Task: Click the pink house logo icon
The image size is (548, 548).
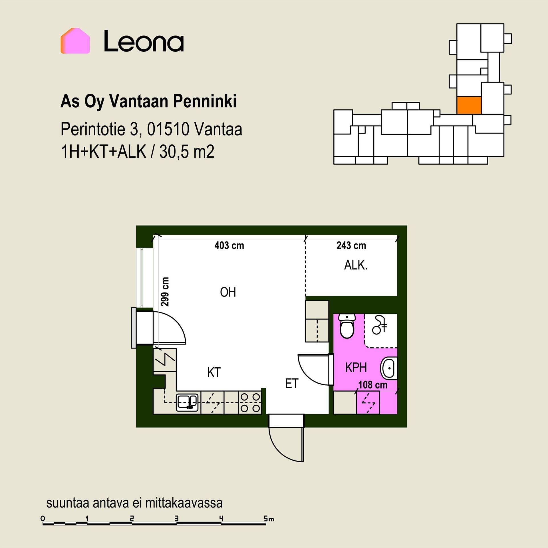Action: pos(75,41)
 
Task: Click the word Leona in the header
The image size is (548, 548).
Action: pos(144,42)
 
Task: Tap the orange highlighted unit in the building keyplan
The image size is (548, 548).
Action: pos(469,105)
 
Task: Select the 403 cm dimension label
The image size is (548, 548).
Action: pos(229,245)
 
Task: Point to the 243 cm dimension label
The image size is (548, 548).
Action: pos(351,245)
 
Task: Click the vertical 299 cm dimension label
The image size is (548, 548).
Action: pos(165,291)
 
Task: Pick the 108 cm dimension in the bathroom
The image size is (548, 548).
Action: pos(373,385)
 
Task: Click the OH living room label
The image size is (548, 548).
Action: pos(228,292)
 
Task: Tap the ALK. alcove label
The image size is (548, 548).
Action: pos(356,265)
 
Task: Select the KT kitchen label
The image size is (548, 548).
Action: pos(214,372)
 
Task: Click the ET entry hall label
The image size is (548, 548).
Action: pos(292,384)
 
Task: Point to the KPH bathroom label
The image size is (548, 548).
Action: pos(356,368)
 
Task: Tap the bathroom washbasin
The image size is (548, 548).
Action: pos(388,368)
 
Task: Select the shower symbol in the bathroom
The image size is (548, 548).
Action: pos(379,325)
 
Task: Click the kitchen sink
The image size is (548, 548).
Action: pos(187,402)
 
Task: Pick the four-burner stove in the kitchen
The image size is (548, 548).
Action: pos(250,402)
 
